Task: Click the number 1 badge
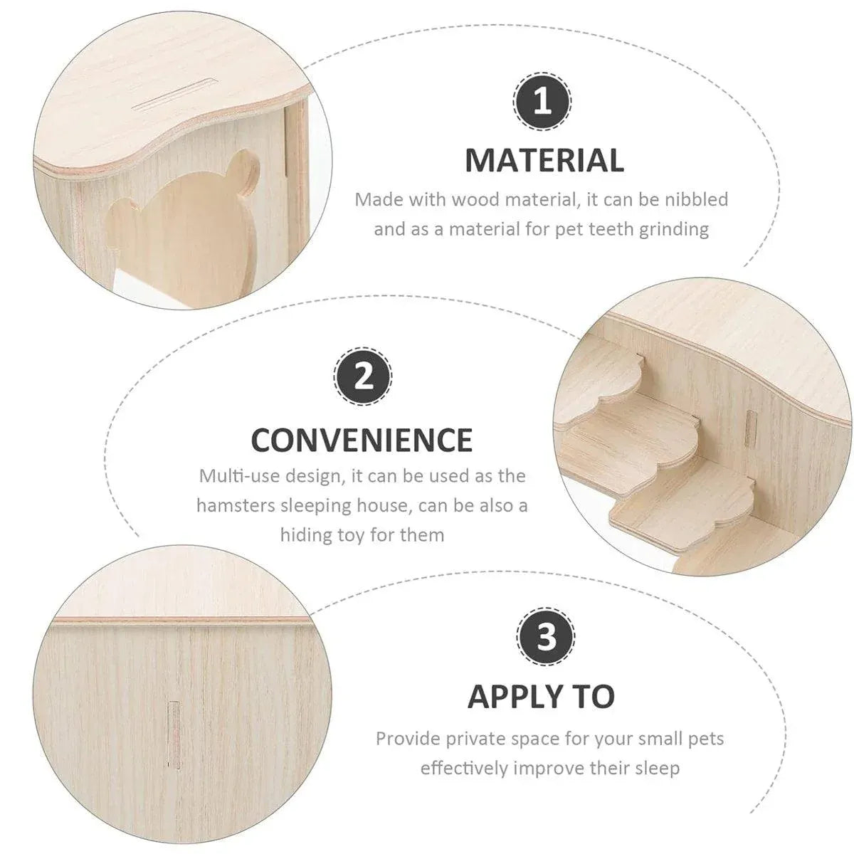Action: click(x=542, y=102)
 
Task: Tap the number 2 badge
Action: click(x=363, y=376)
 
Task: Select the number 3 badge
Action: click(x=546, y=636)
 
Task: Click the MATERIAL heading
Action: click(x=544, y=160)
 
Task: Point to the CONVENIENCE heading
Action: click(x=362, y=440)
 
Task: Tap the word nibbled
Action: click(x=696, y=199)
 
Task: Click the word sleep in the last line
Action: click(x=657, y=769)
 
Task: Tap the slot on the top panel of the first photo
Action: click(x=176, y=95)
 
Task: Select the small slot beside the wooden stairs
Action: click(x=751, y=428)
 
